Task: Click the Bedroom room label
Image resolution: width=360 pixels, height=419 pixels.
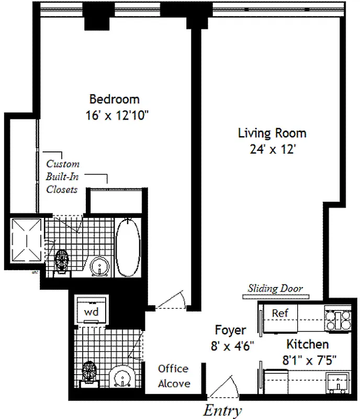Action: [x=114, y=99]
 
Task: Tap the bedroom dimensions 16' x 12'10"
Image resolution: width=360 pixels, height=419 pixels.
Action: [x=117, y=115]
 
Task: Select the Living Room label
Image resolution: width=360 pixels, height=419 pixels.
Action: [x=272, y=133]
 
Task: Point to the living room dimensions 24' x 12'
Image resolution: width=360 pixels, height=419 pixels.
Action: [x=272, y=149]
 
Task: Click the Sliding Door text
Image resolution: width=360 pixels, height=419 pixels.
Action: [x=275, y=289]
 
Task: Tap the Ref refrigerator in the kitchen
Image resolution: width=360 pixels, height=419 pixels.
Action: [x=280, y=318]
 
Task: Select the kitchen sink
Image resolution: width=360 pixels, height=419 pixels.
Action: [x=338, y=383]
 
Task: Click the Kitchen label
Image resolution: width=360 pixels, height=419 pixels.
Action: [x=307, y=344]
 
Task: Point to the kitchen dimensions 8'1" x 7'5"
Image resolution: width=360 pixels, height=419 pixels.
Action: [x=309, y=360]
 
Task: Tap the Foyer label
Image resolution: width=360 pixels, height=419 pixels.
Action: [x=230, y=330]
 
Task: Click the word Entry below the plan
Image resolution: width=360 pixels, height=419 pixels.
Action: [x=223, y=411]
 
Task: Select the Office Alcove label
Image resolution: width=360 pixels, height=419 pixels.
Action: [x=174, y=376]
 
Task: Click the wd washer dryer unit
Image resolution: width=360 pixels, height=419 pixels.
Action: [x=92, y=310]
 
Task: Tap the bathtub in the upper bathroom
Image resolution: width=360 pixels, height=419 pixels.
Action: [x=128, y=247]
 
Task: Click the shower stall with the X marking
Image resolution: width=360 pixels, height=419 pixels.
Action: [x=27, y=240]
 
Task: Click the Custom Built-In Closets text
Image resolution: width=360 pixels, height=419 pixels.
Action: [x=62, y=177]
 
